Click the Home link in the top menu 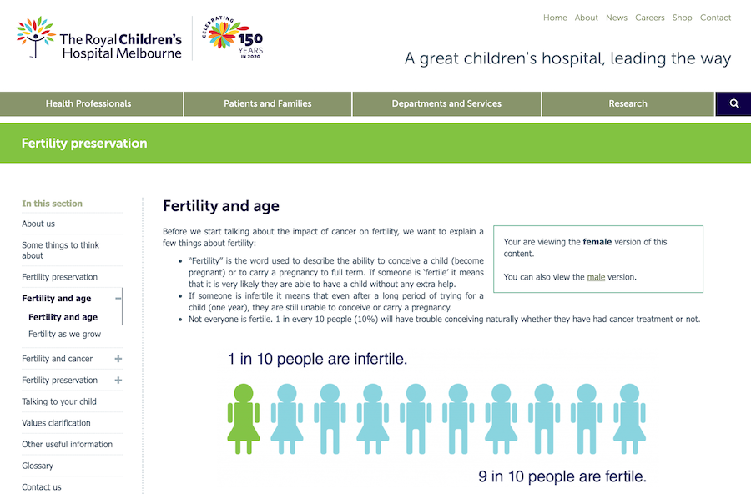point(555,18)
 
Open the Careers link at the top point(649,18)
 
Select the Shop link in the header point(682,18)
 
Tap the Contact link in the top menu point(715,18)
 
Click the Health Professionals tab point(88,104)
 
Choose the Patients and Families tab point(267,104)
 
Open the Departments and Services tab point(446,104)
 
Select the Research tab point(628,104)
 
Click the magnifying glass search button point(734,104)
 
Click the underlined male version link point(596,277)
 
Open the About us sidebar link point(38,224)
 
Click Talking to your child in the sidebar point(59,401)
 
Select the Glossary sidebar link point(38,466)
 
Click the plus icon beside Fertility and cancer point(118,359)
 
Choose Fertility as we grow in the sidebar point(64,335)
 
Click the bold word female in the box point(597,242)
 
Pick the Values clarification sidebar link point(56,423)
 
